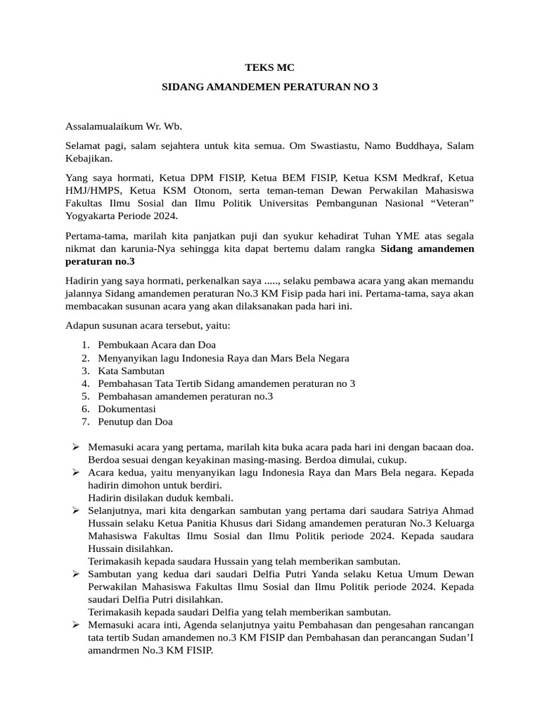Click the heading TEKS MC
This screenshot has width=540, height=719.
click(x=269, y=67)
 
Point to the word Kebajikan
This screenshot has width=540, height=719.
click(x=87, y=159)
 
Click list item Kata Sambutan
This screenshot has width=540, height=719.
click(x=131, y=370)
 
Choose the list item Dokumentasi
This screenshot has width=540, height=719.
click(x=127, y=409)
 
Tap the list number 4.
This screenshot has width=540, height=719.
click(x=85, y=383)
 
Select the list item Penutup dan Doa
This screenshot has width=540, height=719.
click(x=136, y=421)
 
